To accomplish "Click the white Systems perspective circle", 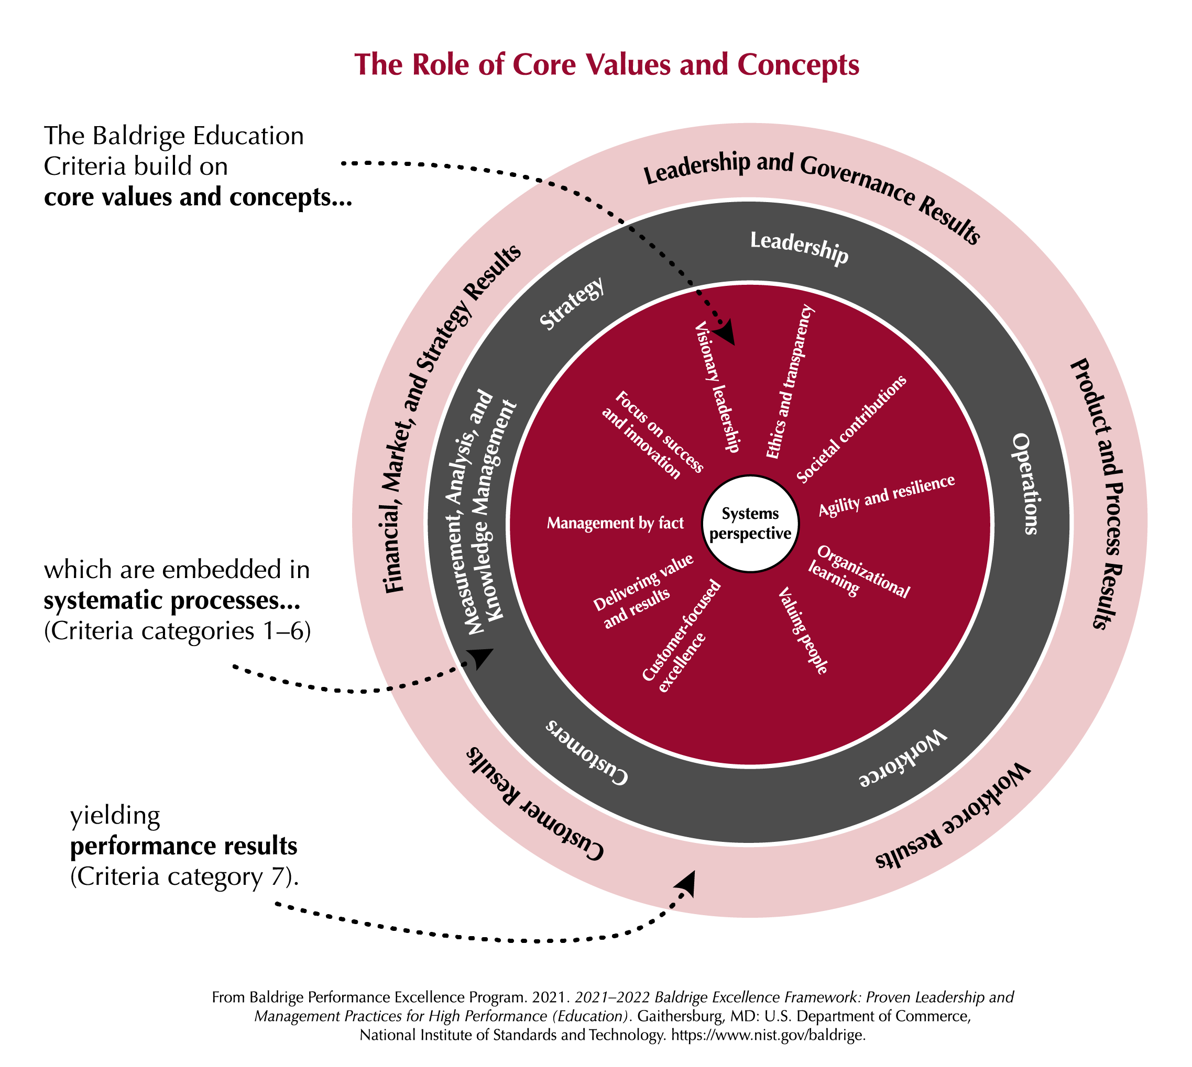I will (750, 523).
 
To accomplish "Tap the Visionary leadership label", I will (717, 387).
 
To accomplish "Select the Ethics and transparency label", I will (790, 382).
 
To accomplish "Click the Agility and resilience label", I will (887, 495).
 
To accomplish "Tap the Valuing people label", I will (803, 631).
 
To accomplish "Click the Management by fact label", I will (615, 523).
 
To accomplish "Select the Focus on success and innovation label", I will (651, 435).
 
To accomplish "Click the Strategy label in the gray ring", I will (571, 304).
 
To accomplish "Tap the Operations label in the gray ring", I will (1024, 484).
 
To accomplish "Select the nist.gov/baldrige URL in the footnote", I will (768, 1035).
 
